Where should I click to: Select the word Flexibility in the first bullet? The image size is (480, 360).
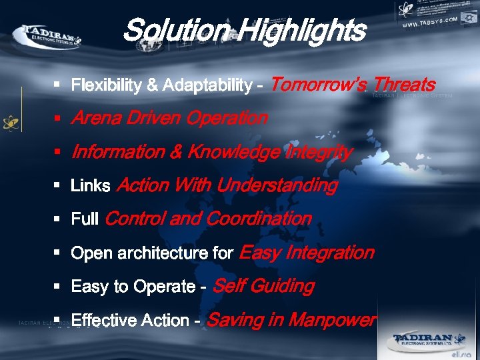pyautogui.click(x=106, y=85)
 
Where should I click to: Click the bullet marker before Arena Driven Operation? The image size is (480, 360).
pyautogui.click(x=58, y=119)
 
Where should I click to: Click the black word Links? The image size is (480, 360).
pyautogui.click(x=91, y=186)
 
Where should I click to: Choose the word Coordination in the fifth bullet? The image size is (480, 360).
pyautogui.click(x=259, y=219)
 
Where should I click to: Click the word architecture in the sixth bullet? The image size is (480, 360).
pyautogui.click(x=160, y=253)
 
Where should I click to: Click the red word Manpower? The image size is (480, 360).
pyautogui.click(x=333, y=320)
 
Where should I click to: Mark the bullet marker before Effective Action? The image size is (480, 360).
pyautogui.click(x=58, y=320)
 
